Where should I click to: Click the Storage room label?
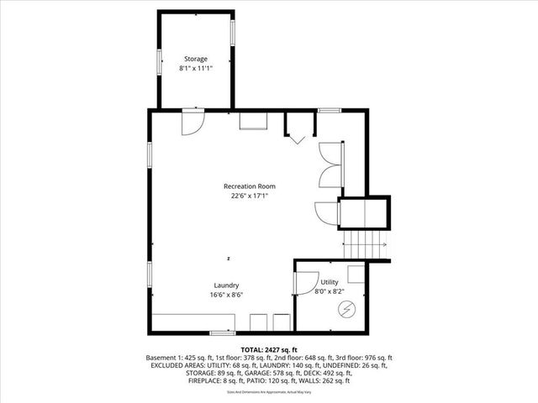tap(196, 59)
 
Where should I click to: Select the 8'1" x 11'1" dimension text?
tap(196, 68)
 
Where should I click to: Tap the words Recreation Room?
tap(249, 186)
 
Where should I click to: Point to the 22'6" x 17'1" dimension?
tap(249, 196)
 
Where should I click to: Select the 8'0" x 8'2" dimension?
tap(328, 292)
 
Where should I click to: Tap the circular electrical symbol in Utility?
tap(346, 311)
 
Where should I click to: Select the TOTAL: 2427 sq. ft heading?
tap(268, 349)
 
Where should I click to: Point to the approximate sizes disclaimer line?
tap(268, 391)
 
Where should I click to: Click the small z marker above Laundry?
tap(228, 257)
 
